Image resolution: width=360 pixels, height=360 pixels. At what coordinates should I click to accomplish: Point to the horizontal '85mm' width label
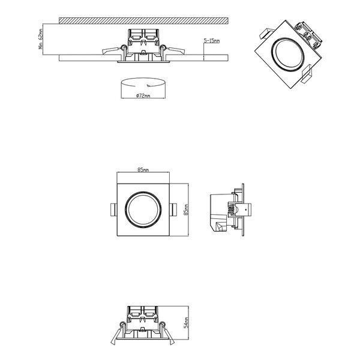pyautogui.click(x=142, y=170)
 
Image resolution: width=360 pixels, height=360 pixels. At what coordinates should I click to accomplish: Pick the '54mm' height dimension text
pyautogui.click(x=187, y=325)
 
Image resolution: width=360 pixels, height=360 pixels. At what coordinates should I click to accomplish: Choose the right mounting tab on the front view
pyautogui.click(x=174, y=209)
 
